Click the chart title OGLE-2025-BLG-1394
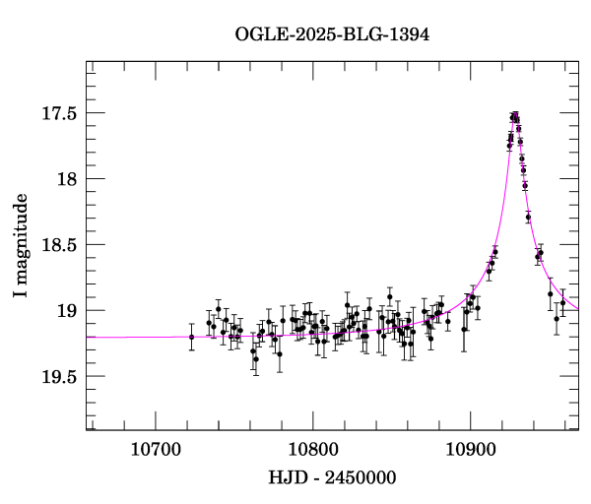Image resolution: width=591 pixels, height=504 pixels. pos(332,34)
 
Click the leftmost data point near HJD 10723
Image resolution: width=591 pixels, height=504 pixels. pos(192,337)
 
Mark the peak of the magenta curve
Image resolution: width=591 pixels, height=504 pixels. pos(515,115)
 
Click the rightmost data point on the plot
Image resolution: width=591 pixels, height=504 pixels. pos(562,303)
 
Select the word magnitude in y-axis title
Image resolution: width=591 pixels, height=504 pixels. pos(21,235)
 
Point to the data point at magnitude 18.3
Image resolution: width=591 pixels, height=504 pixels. pos(529,217)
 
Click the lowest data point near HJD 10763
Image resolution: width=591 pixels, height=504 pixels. pos(256,359)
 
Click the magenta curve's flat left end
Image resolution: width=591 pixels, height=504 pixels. pos(98,337)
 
